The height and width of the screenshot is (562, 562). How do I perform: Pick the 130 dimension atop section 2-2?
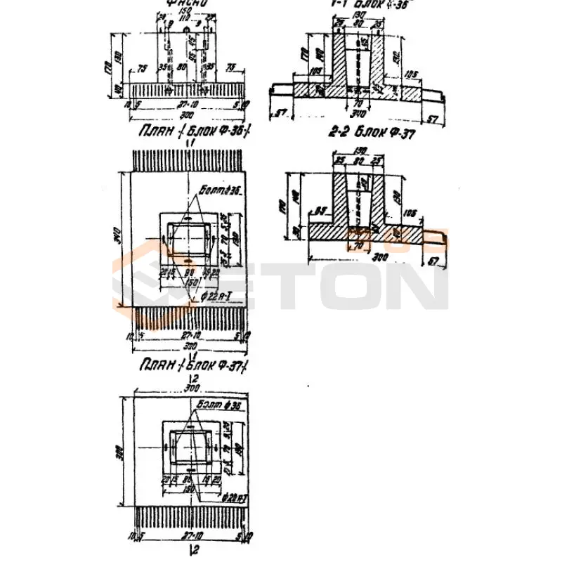tap(360, 150)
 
